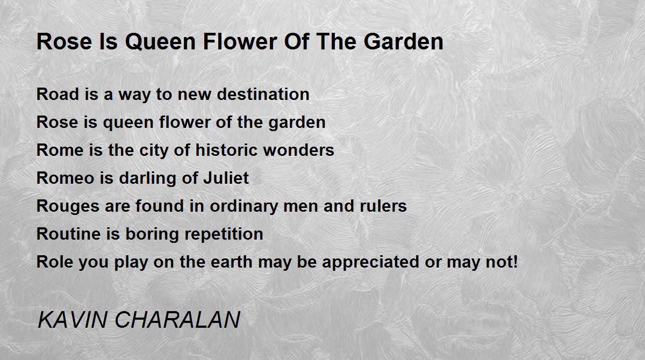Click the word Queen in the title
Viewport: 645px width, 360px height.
point(160,42)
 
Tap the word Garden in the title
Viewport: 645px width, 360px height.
point(403,42)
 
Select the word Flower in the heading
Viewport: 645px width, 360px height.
point(240,42)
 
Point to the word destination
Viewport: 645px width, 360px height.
point(263,94)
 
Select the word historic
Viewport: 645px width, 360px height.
point(226,150)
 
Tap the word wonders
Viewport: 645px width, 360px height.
point(299,150)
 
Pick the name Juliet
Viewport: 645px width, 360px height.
point(226,178)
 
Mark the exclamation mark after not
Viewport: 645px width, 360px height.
point(515,262)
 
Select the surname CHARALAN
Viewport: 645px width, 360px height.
point(177,320)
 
